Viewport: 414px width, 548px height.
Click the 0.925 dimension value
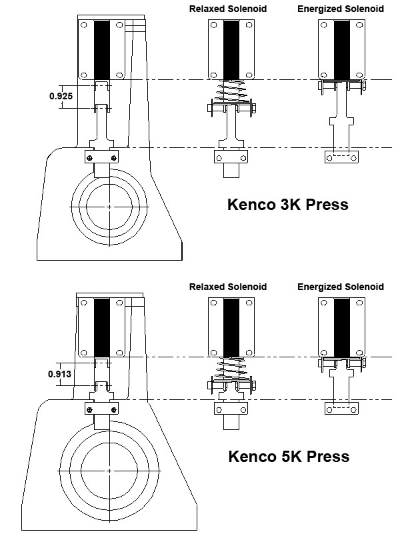[61, 96]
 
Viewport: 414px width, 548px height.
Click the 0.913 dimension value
[59, 373]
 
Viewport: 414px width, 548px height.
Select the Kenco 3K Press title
[288, 205]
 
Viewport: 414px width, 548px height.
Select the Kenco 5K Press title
[289, 457]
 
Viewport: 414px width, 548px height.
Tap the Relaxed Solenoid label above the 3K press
[227, 9]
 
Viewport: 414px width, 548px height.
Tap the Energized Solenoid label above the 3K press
[341, 9]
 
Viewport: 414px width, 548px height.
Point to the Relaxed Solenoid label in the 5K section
[227, 287]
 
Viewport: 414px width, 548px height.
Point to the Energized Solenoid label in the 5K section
[341, 287]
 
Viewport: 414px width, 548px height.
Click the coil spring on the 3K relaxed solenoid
[231, 92]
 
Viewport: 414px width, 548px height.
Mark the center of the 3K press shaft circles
[109, 207]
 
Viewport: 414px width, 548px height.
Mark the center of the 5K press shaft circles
[109, 471]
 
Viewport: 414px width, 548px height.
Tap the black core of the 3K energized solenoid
[342, 49]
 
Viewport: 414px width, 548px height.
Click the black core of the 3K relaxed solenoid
[231, 49]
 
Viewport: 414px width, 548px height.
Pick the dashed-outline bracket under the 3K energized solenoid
[342, 157]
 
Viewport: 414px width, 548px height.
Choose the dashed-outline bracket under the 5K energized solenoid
[342, 407]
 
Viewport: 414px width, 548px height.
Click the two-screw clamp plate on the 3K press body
[101, 157]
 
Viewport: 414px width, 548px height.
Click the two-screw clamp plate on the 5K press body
[101, 409]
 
